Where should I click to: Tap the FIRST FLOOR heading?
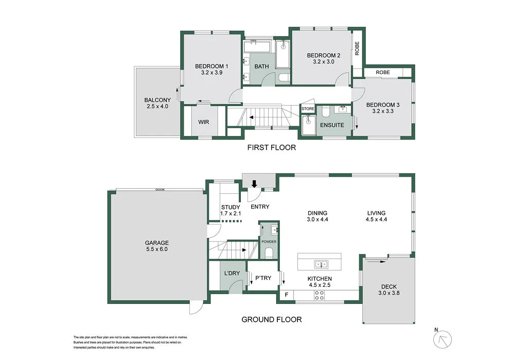pyautogui.click(x=271, y=148)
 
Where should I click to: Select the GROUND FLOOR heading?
pyautogui.click(x=271, y=319)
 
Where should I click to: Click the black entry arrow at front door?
pyautogui.click(x=254, y=184)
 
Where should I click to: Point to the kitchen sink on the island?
pyautogui.click(x=321, y=264)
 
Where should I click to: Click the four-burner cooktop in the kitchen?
pyautogui.click(x=319, y=295)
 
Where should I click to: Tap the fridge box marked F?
pyautogui.click(x=287, y=295)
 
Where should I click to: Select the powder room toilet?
pyautogui.click(x=269, y=252)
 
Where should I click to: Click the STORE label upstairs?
pyautogui.click(x=308, y=109)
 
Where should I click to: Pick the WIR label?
pyautogui.click(x=203, y=123)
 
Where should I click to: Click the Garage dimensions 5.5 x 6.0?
pyautogui.click(x=156, y=249)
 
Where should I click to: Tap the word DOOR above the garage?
pyautogui.click(x=160, y=190)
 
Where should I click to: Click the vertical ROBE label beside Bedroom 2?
pyautogui.click(x=357, y=48)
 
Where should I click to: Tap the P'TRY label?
pyautogui.click(x=263, y=279)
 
